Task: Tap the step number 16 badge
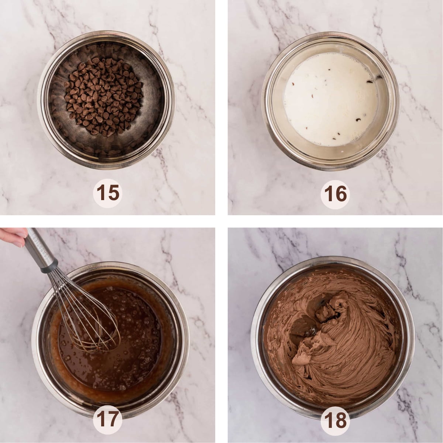click(336, 193)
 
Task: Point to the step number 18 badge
click(336, 419)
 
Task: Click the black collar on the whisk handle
click(49, 266)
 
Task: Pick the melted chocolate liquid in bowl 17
click(122, 354)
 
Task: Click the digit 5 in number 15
click(114, 193)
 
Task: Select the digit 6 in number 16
click(341, 193)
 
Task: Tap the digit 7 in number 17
click(115, 419)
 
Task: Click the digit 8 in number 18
click(341, 419)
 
